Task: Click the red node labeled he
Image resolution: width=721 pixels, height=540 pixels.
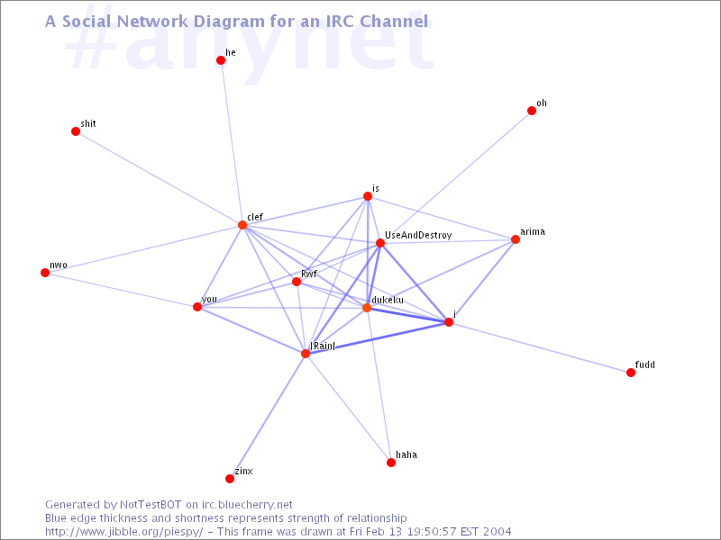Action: (221, 60)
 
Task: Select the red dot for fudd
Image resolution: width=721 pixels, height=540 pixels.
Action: (631, 373)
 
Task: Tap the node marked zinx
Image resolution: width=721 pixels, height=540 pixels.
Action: (230, 479)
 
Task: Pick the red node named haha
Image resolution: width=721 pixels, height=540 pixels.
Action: (391, 463)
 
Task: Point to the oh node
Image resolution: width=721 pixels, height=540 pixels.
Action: (532, 111)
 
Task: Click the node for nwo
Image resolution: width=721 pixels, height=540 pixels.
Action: (45, 273)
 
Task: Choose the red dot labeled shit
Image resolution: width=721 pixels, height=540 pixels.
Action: (76, 131)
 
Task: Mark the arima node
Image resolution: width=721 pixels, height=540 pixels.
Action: (516, 239)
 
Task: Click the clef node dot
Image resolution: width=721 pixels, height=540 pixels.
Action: (242, 225)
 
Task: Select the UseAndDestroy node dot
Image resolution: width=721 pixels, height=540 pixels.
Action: (379, 243)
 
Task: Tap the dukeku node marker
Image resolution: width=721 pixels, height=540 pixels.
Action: (367, 308)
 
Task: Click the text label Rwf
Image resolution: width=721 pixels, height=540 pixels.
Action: (309, 274)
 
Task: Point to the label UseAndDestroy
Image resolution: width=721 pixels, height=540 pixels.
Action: (418, 236)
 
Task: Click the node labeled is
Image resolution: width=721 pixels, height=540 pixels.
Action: (368, 196)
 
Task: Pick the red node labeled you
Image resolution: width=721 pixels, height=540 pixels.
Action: (197, 307)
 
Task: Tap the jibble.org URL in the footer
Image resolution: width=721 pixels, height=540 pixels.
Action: (124, 532)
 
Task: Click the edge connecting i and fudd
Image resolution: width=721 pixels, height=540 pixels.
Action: (540, 347)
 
